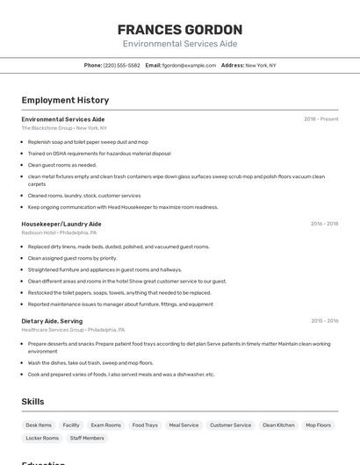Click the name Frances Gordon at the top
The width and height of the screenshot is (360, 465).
pos(180,29)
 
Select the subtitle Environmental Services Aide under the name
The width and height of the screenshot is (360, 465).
pos(180,44)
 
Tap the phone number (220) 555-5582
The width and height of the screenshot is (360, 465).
pos(122,65)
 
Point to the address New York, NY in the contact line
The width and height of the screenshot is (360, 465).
pos(261,65)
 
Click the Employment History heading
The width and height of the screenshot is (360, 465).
pos(65,100)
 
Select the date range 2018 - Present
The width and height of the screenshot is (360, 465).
pos(321,118)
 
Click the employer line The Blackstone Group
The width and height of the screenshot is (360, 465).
pos(64,128)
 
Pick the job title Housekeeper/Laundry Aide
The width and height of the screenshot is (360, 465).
pos(61,224)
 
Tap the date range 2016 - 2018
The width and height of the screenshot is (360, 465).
pos(324,224)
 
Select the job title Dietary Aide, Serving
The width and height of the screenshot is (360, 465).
pos(52,321)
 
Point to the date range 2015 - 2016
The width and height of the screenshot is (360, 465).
pos(324,321)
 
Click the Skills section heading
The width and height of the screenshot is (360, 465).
pos(33,401)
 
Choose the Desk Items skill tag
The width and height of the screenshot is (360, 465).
pos(39,425)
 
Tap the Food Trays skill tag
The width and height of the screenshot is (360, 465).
pos(145,425)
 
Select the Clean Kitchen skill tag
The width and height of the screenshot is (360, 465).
pos(278,425)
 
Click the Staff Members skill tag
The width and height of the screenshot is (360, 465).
pos(87,438)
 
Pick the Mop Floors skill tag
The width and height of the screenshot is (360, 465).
pos(319,425)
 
